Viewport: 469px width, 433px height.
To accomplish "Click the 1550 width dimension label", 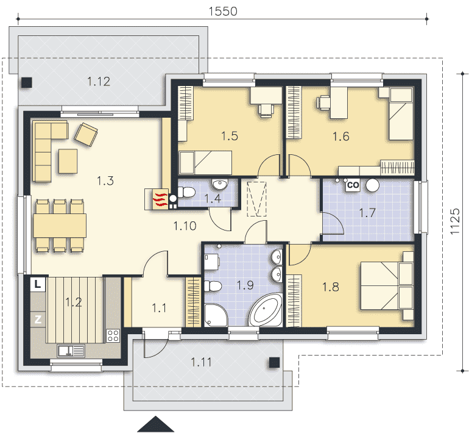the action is pyautogui.click(x=223, y=12).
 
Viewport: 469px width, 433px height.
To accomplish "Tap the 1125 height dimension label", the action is pyautogui.click(x=455, y=221).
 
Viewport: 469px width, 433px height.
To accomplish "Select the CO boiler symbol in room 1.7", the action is pyautogui.click(x=353, y=185).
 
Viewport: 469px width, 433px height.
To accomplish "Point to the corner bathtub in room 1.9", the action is pyautogui.click(x=266, y=310).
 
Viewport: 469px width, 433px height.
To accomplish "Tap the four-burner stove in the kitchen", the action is pyautogui.click(x=113, y=335).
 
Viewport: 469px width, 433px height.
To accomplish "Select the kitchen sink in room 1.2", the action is pyautogui.click(x=71, y=351).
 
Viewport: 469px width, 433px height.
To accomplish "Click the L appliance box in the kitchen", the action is pyautogui.click(x=38, y=284).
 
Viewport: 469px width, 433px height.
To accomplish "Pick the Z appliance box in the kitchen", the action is pyautogui.click(x=38, y=320).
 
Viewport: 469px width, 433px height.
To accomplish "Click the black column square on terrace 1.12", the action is pyautogui.click(x=27, y=82).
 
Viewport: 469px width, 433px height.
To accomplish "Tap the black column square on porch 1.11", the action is pyautogui.click(x=274, y=362).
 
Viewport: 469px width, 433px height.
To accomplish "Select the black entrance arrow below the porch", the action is pyautogui.click(x=155, y=424).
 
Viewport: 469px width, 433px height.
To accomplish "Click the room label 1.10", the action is pyautogui.click(x=185, y=226).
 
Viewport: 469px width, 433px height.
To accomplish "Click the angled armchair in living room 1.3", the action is pyautogui.click(x=86, y=134).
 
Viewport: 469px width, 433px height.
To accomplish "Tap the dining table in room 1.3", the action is pyautogui.click(x=60, y=225).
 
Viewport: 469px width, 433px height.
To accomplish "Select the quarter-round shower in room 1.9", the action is pyautogui.click(x=216, y=315).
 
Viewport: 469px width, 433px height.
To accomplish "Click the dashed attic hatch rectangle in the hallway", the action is pyautogui.click(x=256, y=199).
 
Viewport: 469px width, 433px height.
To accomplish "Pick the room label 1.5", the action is pyautogui.click(x=230, y=136).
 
